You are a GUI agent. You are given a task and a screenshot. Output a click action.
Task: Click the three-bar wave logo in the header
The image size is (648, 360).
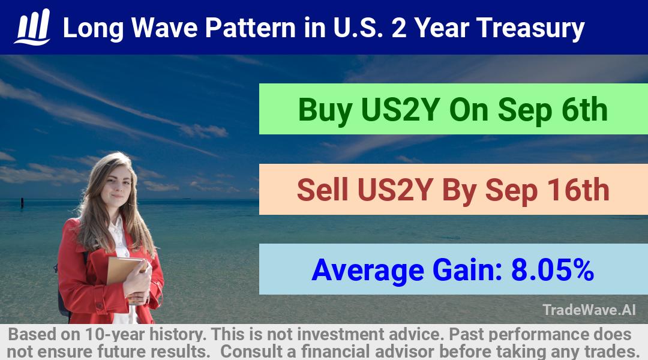pyautogui.click(x=32, y=27)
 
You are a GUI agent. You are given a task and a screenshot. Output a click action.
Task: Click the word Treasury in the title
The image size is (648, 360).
pyautogui.click(x=530, y=29)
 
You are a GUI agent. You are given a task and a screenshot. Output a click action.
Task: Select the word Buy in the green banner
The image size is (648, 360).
pyautogui.click(x=325, y=110)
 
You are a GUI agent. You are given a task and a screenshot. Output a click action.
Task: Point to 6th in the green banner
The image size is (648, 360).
pyautogui.click(x=584, y=109)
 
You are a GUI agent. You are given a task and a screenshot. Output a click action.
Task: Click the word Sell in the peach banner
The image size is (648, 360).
pyautogui.click(x=323, y=190)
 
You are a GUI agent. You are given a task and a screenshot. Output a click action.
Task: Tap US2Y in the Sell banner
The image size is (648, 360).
pyautogui.click(x=395, y=190)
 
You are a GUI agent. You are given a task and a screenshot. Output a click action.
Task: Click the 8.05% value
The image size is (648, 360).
pyautogui.click(x=553, y=269)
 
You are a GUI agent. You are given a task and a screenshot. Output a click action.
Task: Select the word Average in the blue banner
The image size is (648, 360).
pyautogui.click(x=368, y=271)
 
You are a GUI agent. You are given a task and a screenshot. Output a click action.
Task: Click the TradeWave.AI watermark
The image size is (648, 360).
pyautogui.click(x=589, y=310)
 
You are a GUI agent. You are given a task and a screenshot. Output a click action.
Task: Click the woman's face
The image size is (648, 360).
pyautogui.click(x=118, y=185)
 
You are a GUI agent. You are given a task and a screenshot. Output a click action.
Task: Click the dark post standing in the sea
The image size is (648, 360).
pyautogui.click(x=22, y=202)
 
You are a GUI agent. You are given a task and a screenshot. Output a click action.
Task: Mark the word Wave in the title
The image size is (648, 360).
pyautogui.click(x=164, y=28)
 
